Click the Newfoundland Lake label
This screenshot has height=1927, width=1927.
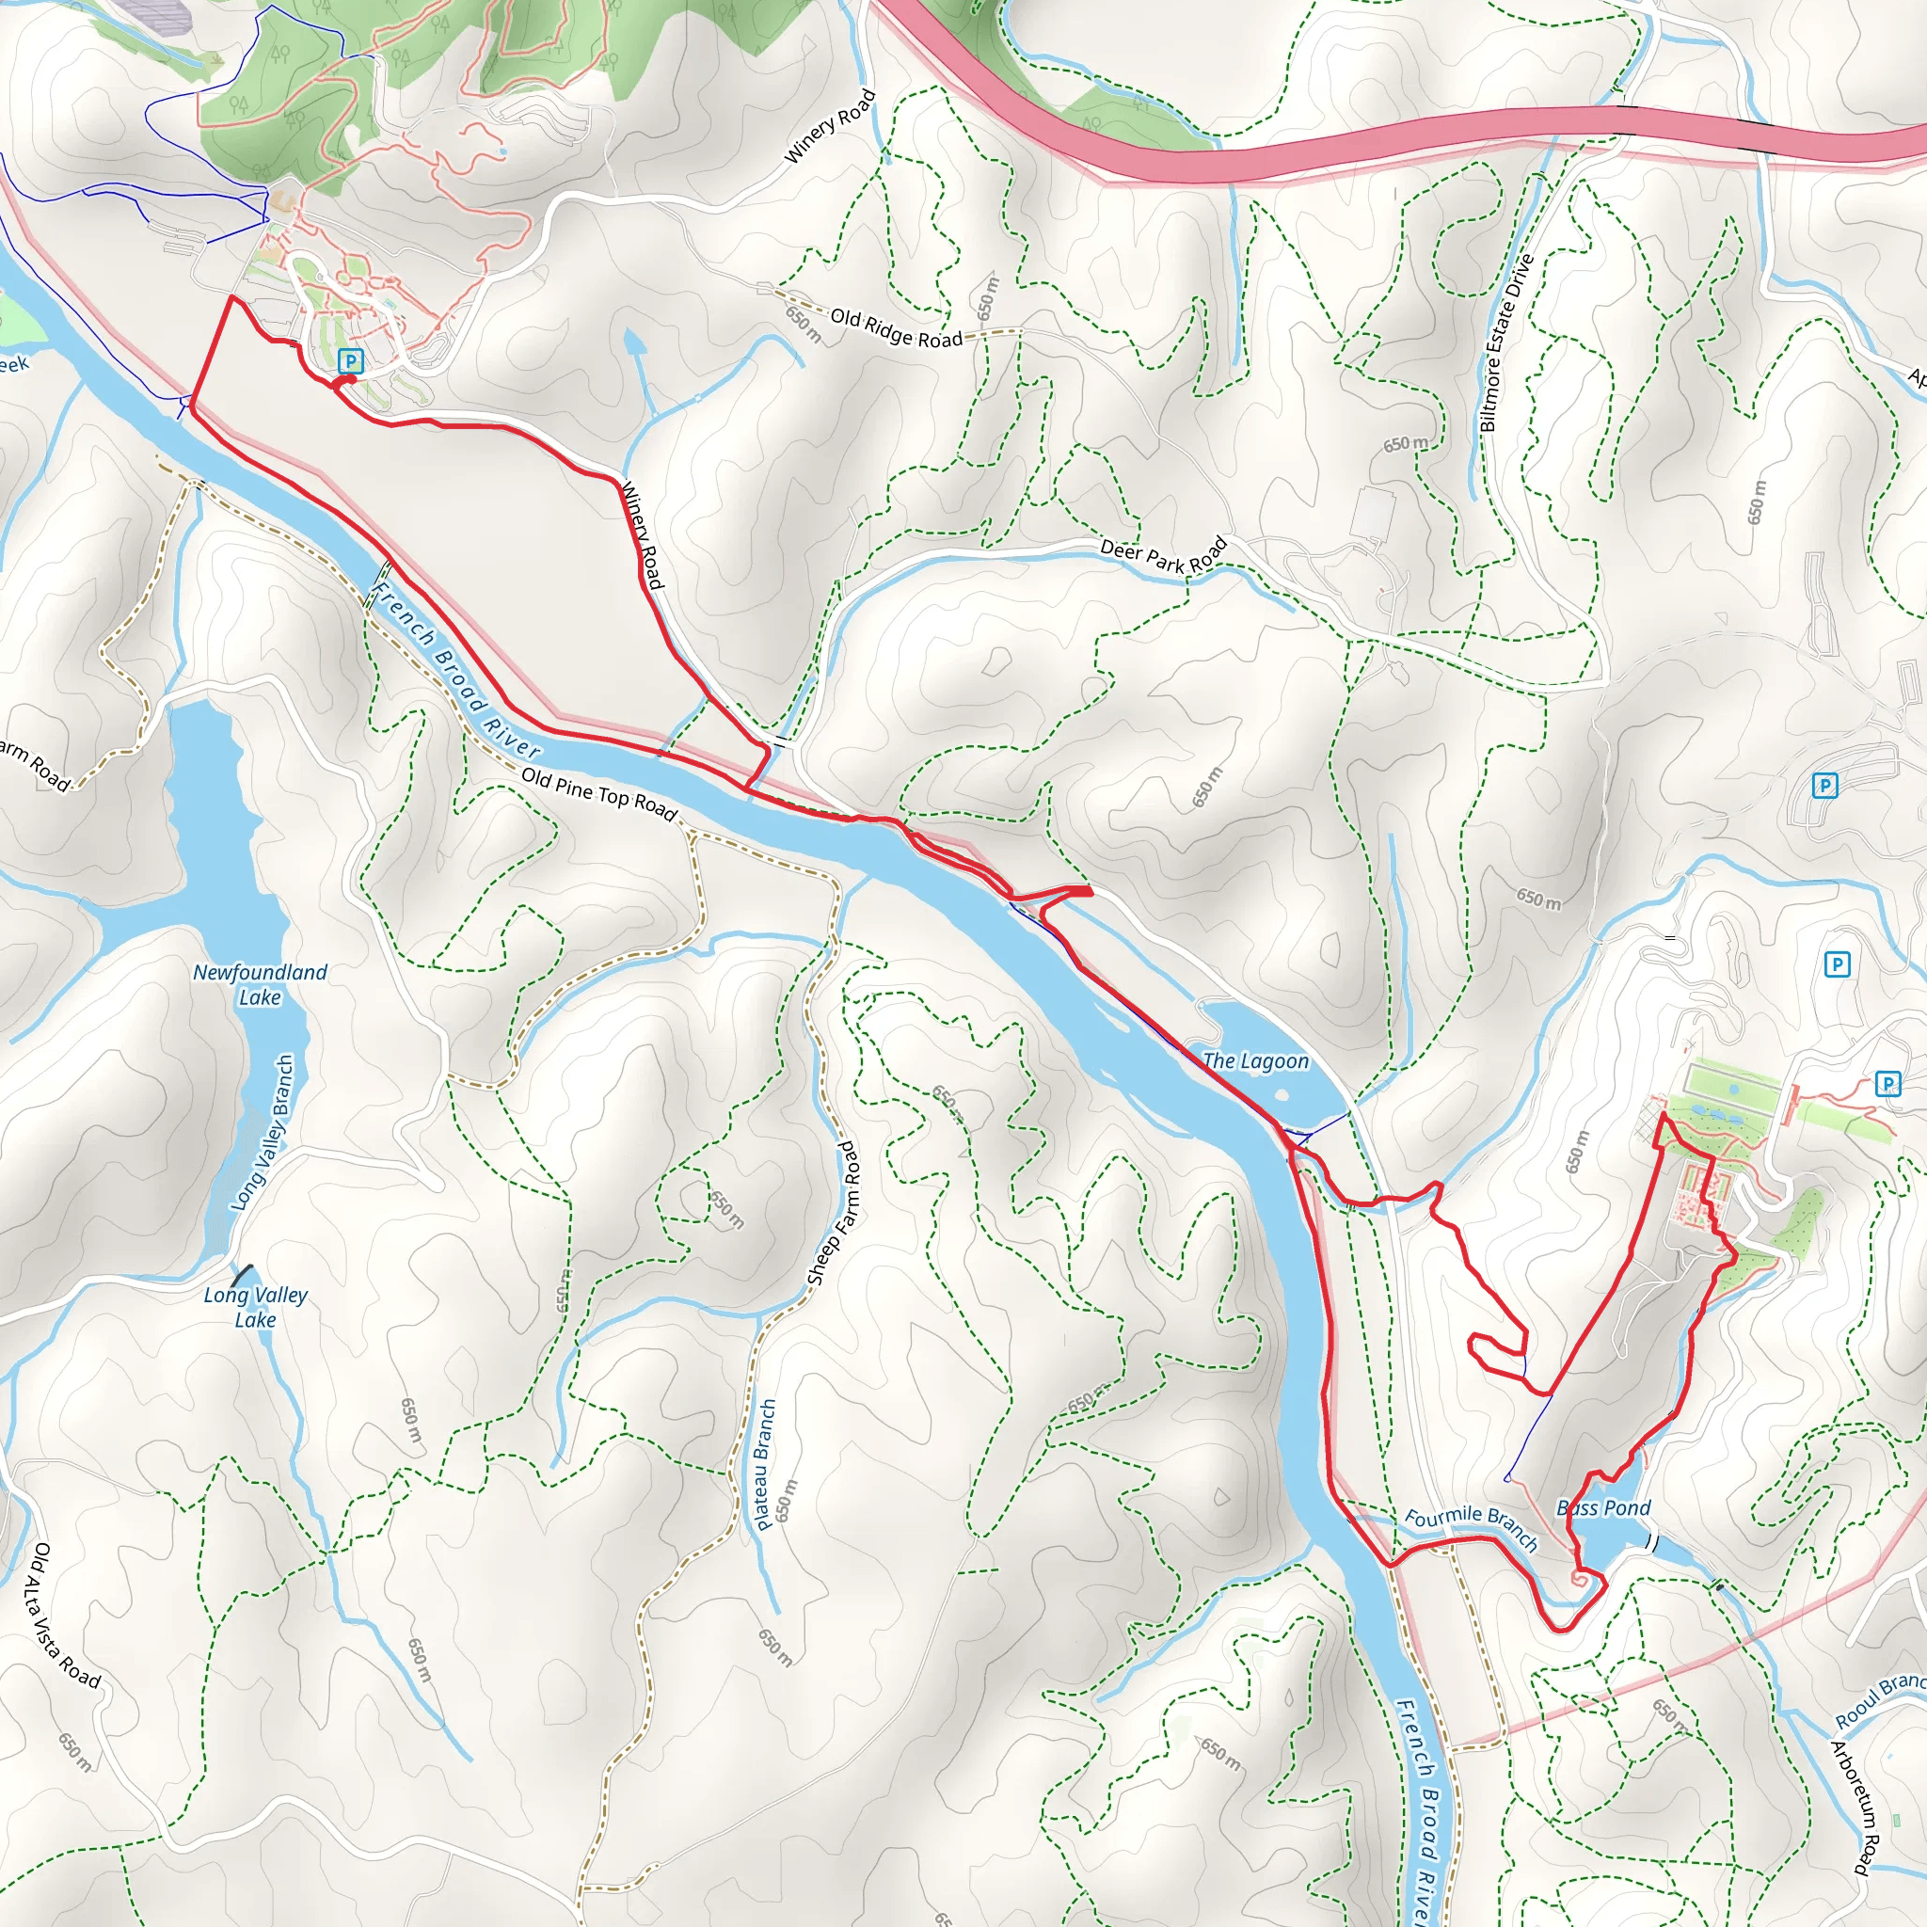[x=260, y=984]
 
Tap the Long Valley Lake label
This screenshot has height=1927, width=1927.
[x=255, y=1307]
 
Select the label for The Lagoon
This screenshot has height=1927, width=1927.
[x=1256, y=1061]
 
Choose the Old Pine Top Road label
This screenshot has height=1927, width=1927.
[x=599, y=794]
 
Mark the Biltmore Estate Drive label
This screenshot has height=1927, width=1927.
[x=1505, y=342]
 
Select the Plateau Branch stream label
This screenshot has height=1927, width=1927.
[x=766, y=1464]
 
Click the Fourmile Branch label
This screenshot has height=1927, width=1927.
[x=1472, y=1527]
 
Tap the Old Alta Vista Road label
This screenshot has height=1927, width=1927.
[x=67, y=1616]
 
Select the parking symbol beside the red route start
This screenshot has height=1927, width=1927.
[x=350, y=360]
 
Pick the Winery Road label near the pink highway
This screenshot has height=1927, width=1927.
[x=830, y=127]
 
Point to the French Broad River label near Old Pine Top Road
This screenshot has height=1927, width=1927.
[x=455, y=670]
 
